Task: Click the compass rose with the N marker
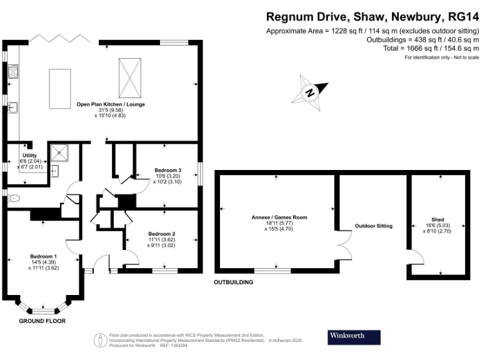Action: pos(311,92)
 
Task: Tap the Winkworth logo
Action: pos(354,336)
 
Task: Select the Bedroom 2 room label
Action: pos(162,233)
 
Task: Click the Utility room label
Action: pos(30,155)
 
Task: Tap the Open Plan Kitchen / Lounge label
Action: pos(111,104)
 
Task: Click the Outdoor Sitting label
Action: pos(373,226)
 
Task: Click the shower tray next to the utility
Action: pos(61,150)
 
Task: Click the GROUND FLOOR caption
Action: pos(42,321)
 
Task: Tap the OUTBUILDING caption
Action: pos(233,282)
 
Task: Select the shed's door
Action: pos(412,257)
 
